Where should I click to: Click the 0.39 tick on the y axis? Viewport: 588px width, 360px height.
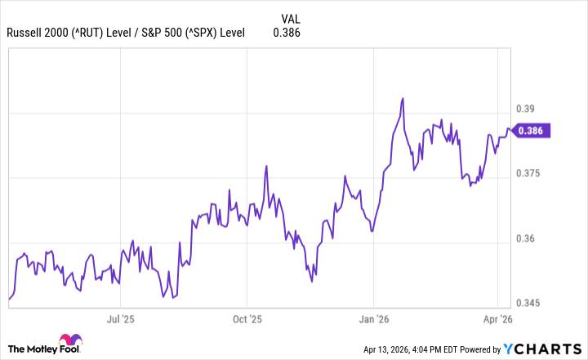[x=528, y=109]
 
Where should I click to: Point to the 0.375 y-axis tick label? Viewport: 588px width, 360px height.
[x=531, y=174]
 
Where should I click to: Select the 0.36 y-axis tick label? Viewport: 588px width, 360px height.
[x=528, y=239]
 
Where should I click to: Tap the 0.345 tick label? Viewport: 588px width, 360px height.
[x=531, y=304]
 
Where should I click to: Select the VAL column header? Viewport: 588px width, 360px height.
[x=291, y=17]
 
